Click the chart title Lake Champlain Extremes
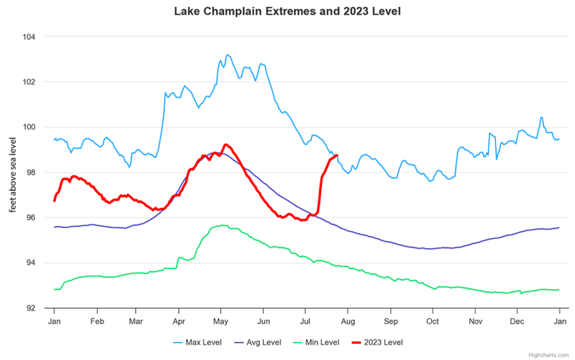[x=287, y=12]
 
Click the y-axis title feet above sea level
[x=13, y=173]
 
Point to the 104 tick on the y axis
[x=30, y=37]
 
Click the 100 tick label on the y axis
[x=30, y=127]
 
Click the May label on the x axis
[x=221, y=320]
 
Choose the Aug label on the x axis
[x=348, y=320]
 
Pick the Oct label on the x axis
[x=433, y=320]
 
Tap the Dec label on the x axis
[x=517, y=320]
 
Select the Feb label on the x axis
[x=97, y=320]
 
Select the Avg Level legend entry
[x=257, y=342]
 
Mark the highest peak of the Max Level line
[x=227, y=55]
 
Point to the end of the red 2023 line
[x=336, y=155]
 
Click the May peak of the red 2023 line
[x=226, y=145]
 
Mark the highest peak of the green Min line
[x=222, y=225]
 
